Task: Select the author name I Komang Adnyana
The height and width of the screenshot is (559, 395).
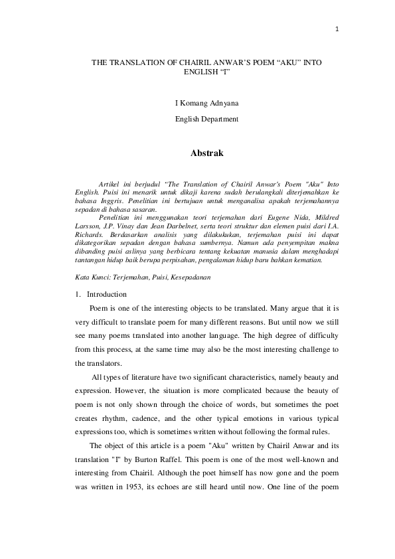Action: point(197,104)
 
